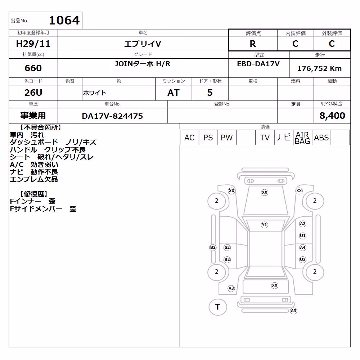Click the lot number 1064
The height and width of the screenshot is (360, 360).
[x=64, y=20]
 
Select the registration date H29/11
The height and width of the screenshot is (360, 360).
[x=33, y=44]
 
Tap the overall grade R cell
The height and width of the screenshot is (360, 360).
[x=253, y=44]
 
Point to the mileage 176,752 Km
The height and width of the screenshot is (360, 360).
[x=319, y=68]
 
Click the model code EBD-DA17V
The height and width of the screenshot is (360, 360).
[x=258, y=64]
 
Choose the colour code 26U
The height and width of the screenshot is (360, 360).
[x=33, y=93]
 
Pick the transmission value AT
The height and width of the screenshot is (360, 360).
[x=174, y=93]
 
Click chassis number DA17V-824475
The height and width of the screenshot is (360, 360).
[x=112, y=116]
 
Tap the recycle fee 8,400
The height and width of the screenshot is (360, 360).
[x=332, y=116]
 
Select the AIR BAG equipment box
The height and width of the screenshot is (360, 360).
[x=302, y=138]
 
